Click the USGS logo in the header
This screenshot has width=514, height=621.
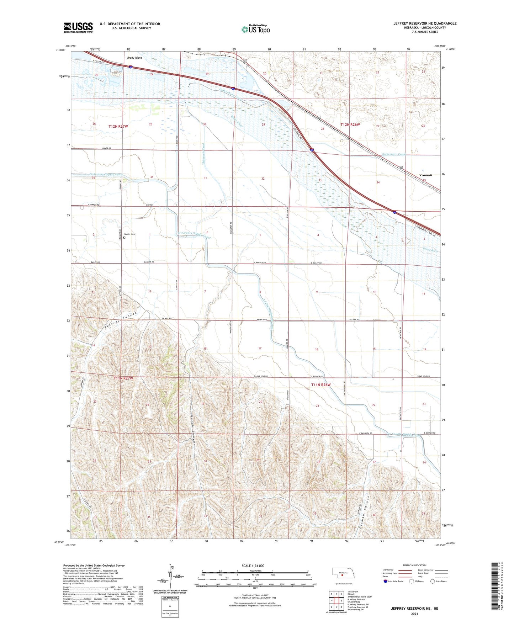click(78, 27)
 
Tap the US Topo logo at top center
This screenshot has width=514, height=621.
click(255, 29)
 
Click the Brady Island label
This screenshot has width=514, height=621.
click(135, 58)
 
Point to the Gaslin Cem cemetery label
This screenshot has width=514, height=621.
click(129, 234)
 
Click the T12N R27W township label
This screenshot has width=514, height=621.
click(118, 127)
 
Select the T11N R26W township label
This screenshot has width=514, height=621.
click(321, 385)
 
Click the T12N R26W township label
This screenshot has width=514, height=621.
click(350, 124)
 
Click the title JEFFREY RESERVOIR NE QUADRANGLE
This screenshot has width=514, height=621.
click(425, 23)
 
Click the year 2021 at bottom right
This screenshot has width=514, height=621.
click(414, 614)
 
